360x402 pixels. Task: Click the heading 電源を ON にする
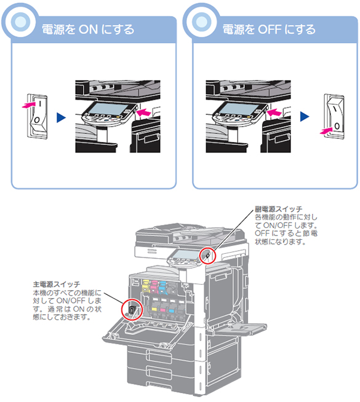tap(88, 30)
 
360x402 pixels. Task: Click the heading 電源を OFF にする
tap(269, 30)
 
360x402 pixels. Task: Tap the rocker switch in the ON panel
tap(38, 116)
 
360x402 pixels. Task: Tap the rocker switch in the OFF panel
tap(334, 116)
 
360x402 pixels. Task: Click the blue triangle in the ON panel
tap(62, 117)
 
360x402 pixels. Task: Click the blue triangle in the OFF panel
tap(305, 117)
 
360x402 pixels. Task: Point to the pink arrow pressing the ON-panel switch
tap(29, 104)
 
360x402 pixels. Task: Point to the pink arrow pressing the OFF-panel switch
tap(327, 131)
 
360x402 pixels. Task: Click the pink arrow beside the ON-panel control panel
tap(144, 112)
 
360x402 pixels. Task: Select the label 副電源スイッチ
tap(278, 209)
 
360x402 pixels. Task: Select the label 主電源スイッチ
tap(57, 284)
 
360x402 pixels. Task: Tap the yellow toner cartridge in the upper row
tap(145, 286)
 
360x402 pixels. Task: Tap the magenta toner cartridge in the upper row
tap(154, 286)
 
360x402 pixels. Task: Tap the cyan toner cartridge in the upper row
tap(162, 287)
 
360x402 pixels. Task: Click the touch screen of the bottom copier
tap(185, 254)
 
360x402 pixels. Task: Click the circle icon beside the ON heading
tap(20, 22)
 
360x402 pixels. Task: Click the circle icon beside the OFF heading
tap(201, 22)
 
